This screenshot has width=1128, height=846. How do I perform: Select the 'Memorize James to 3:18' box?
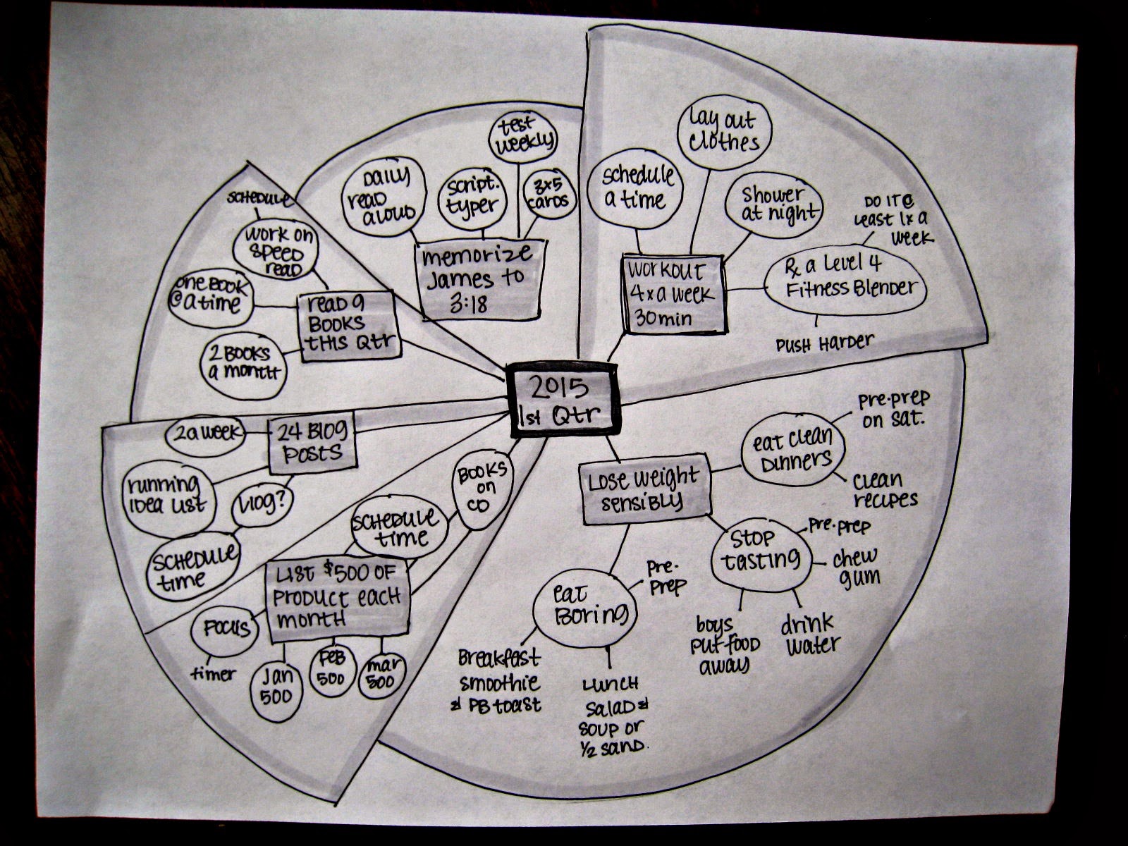pyautogui.click(x=482, y=278)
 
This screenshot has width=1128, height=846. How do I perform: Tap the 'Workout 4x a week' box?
pyautogui.click(x=674, y=293)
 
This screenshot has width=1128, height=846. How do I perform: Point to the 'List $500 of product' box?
pyautogui.click(x=338, y=601)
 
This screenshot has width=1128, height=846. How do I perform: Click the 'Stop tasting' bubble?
pyautogui.click(x=759, y=552)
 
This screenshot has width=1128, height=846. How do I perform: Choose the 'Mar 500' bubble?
pyautogui.click(x=381, y=675)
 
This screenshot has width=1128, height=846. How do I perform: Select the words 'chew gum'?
pyautogui.click(x=856, y=567)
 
